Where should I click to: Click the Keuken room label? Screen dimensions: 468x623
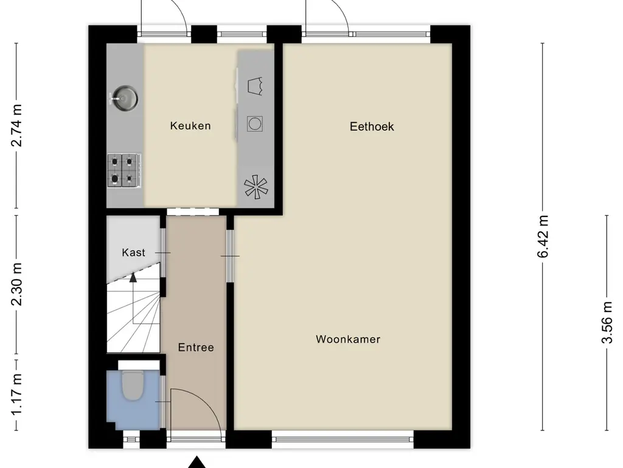point(190,126)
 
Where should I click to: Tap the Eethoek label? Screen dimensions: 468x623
point(372,127)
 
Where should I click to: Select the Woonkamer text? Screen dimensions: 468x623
point(347,339)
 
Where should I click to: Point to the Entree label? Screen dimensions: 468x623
point(196,347)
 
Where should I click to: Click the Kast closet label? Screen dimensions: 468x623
point(133,252)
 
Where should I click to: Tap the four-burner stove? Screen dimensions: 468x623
point(124,170)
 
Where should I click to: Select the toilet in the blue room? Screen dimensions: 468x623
point(131,385)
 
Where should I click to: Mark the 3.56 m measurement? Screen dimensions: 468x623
point(607,323)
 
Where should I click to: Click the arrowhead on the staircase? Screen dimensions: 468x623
point(133,278)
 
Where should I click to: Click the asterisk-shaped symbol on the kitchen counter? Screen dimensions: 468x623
point(255,188)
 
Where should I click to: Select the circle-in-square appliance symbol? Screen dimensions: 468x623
point(255,124)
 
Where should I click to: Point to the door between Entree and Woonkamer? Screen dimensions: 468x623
point(230,256)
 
